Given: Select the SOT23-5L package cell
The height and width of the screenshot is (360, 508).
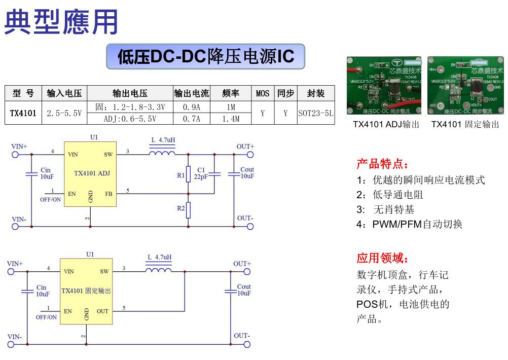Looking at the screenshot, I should pos(315,113).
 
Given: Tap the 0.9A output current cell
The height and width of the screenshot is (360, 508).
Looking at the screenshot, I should pos(191,107).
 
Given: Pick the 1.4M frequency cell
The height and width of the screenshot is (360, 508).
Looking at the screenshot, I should pos(231,119).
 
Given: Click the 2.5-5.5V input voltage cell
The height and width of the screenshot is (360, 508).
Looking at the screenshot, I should pos(64,113).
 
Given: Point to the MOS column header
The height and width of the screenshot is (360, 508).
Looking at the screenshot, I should pos(263,93).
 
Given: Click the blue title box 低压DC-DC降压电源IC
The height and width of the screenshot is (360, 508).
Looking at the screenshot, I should pos(205,56).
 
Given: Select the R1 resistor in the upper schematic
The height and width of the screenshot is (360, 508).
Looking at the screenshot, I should pos(188,173).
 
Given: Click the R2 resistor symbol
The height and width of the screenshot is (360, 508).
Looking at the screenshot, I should pos(188,209).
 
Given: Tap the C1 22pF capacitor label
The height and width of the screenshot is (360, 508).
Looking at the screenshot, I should pos(202,173).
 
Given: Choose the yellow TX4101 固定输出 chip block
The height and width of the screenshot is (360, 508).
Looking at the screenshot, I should pos(86,291).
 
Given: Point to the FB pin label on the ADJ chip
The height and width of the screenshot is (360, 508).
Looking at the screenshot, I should pos(108,193).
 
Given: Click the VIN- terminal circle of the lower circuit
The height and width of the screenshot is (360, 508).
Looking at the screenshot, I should pos(11,345).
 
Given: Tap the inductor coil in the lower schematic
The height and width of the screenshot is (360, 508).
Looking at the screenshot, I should pos(159,269).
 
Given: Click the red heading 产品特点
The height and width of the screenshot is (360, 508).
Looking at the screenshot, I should pos(382,164).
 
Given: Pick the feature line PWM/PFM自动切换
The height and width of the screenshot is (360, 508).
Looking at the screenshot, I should pos(410,224).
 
